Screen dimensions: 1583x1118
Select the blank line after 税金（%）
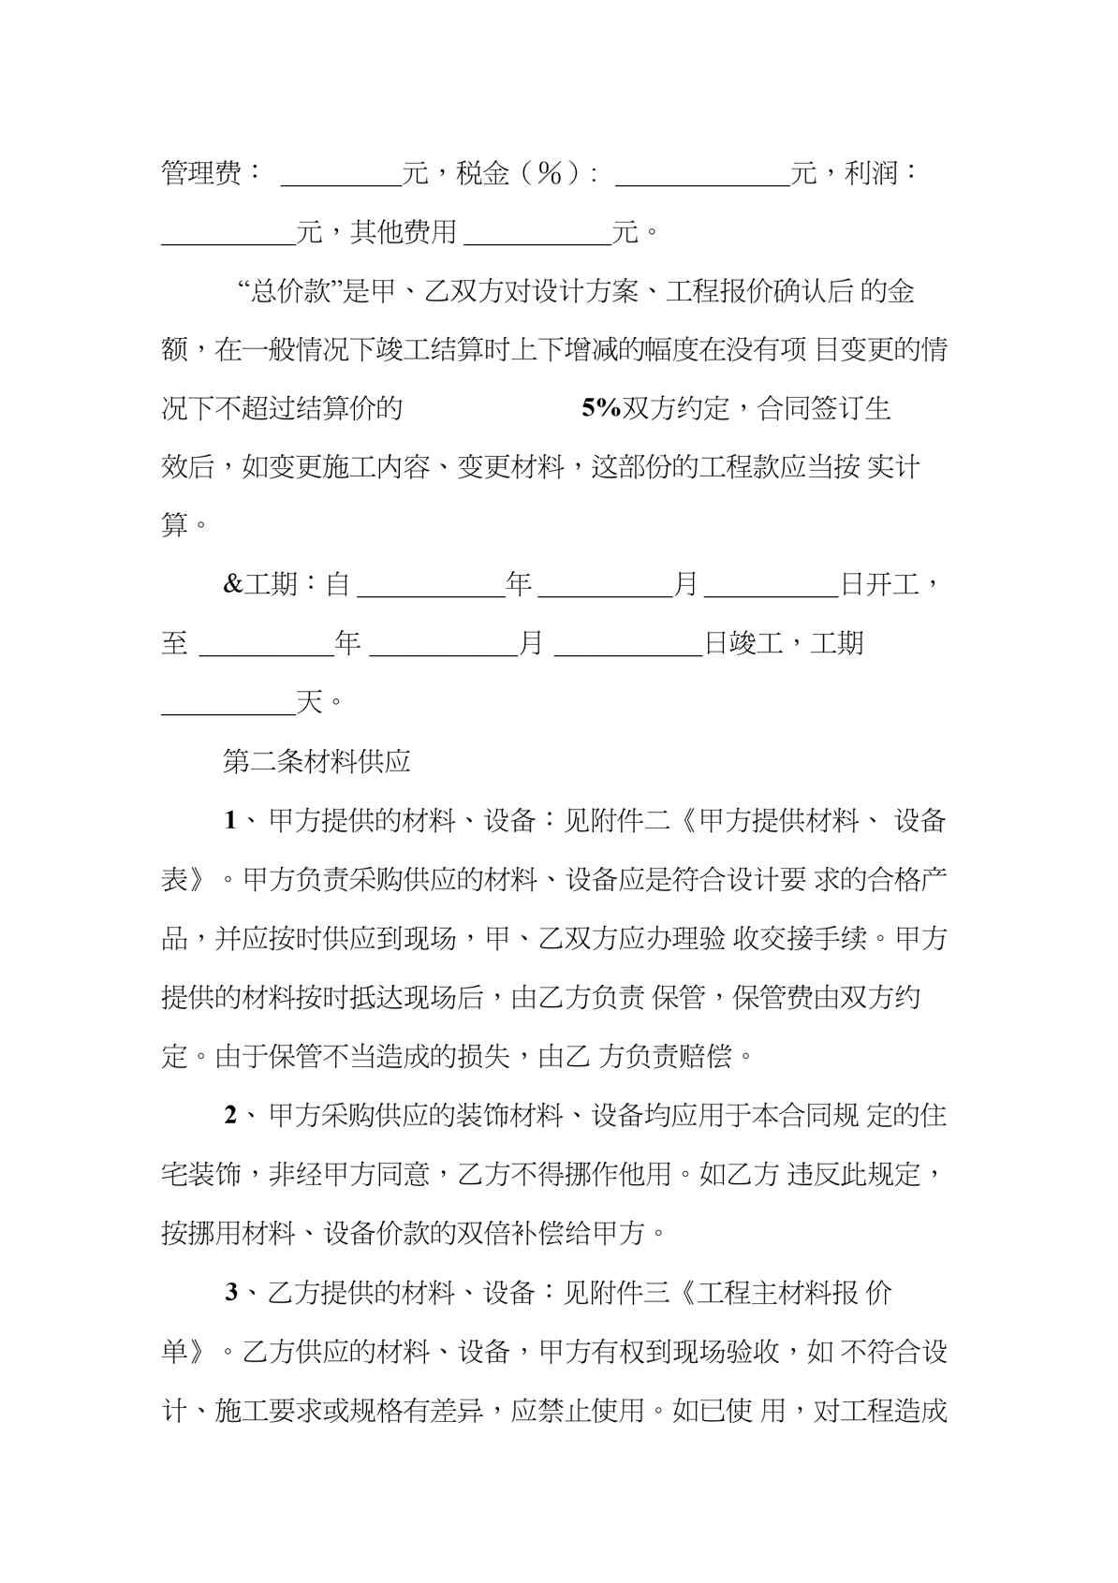(x=702, y=178)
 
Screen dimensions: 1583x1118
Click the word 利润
(x=872, y=173)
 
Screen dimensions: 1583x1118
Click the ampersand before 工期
(x=232, y=585)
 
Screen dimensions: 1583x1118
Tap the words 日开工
(x=879, y=585)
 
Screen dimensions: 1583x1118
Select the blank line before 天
(x=228, y=708)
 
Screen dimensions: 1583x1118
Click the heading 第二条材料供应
(x=316, y=761)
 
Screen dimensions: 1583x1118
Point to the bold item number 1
(x=230, y=821)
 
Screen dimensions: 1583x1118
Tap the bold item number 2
(x=230, y=1115)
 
